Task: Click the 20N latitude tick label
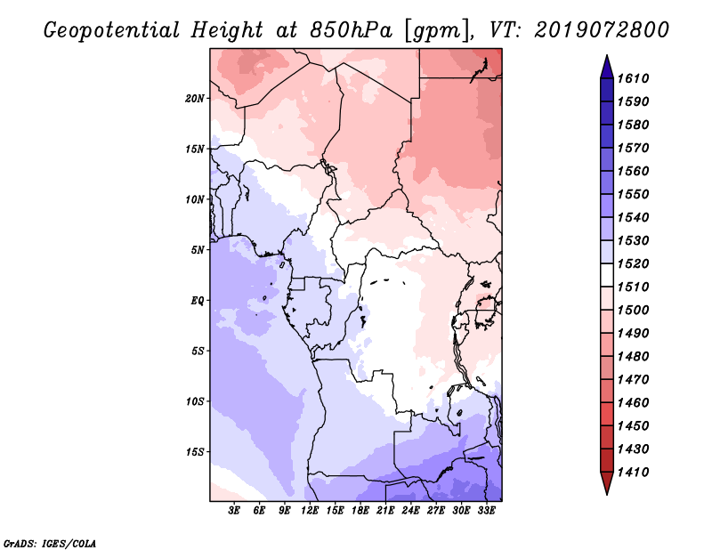coord(194,99)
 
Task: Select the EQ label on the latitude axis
coord(197,301)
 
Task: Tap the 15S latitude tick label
coord(194,452)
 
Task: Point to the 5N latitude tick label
coord(198,250)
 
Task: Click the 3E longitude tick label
coord(234,511)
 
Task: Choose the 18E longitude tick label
coord(360,511)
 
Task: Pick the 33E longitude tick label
coord(486,511)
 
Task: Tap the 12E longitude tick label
coord(310,511)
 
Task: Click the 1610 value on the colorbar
coord(633,78)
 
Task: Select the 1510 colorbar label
coord(633,287)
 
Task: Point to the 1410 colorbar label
coord(633,473)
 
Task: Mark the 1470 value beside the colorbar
coord(633,380)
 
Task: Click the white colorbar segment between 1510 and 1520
coord(607,275)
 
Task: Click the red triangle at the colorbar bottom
coord(607,483)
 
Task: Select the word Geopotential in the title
coord(111,30)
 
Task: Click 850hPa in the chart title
coord(351,30)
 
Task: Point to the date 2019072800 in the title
coord(602,30)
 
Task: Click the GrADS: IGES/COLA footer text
coord(50,544)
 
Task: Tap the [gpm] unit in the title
coord(437,31)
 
